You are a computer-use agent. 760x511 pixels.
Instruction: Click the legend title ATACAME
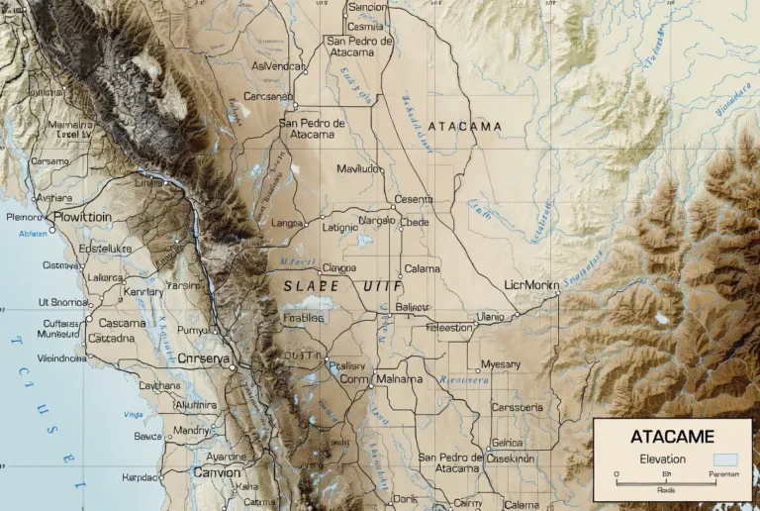pyautogui.click(x=672, y=436)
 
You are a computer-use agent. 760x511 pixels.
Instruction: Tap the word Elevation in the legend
pyautogui.click(x=662, y=460)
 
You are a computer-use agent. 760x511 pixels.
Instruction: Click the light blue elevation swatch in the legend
pyautogui.click(x=726, y=460)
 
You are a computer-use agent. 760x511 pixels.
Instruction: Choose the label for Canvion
pyautogui.click(x=216, y=473)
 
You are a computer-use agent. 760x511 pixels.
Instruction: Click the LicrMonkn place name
pyautogui.click(x=530, y=285)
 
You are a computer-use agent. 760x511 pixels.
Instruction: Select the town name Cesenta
pyautogui.click(x=414, y=199)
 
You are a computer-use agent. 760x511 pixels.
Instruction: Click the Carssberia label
pyautogui.click(x=517, y=407)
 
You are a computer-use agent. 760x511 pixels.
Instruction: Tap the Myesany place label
pyautogui.click(x=500, y=364)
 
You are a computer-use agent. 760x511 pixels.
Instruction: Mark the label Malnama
pyautogui.click(x=400, y=379)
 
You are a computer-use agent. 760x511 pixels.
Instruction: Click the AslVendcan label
pyautogui.click(x=278, y=66)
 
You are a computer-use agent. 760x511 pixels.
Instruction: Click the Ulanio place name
pyautogui.click(x=490, y=316)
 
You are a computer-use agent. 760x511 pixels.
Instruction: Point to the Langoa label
pyautogui.click(x=287, y=224)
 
